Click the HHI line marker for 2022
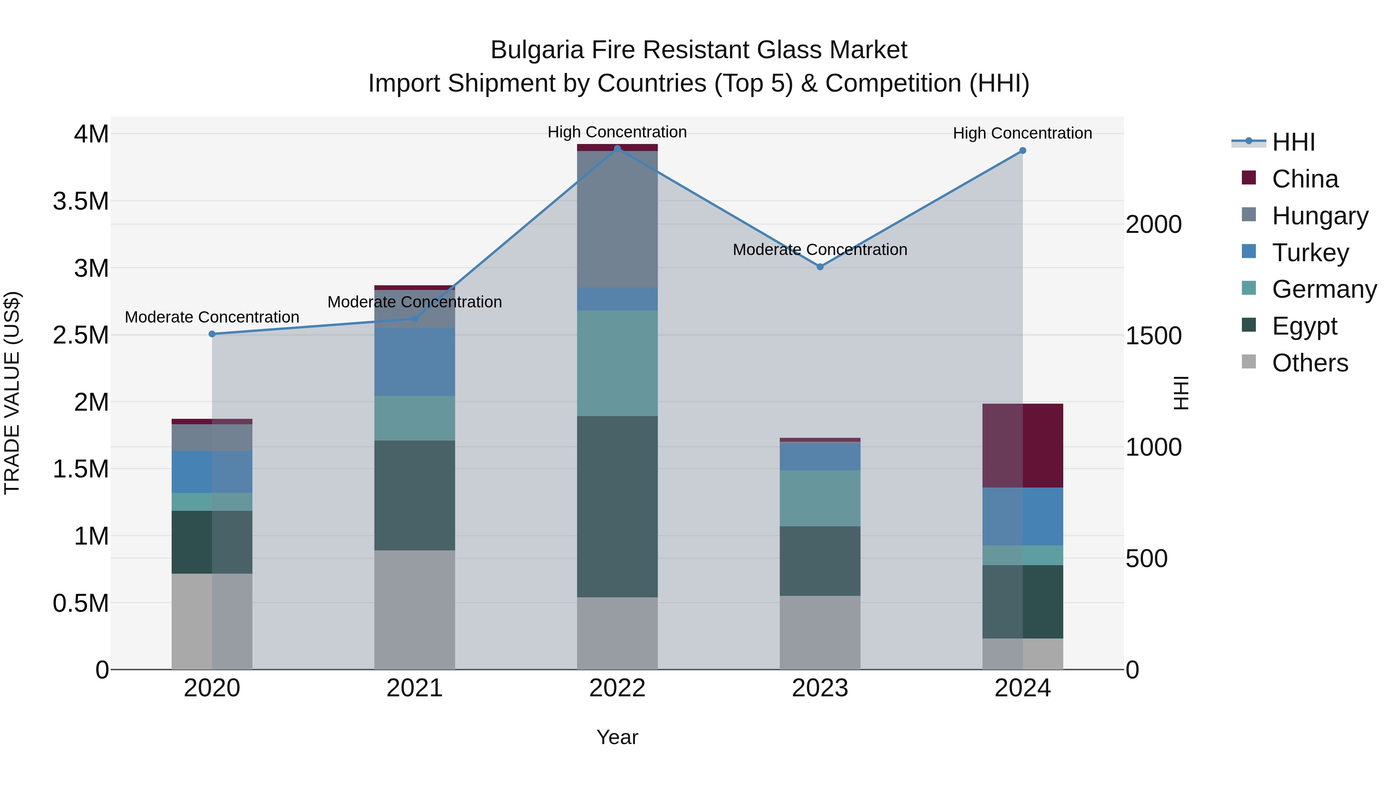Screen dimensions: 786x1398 pos(617,149)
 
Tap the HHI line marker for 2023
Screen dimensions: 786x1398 pos(820,267)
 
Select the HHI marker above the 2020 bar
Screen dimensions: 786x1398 pos(212,334)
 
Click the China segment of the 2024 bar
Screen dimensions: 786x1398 pos(1022,445)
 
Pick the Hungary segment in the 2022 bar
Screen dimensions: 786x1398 pos(617,219)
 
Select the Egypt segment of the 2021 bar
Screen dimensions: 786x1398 pos(415,495)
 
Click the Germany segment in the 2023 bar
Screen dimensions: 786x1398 pos(820,498)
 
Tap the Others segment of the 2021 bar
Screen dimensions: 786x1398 pos(415,610)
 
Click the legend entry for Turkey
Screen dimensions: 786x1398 pos(1310,253)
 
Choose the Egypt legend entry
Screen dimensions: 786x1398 pos(1304,326)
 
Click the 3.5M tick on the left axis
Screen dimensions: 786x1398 pos(80,201)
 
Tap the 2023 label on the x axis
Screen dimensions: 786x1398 pos(820,688)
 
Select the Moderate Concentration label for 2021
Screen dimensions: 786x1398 pos(415,302)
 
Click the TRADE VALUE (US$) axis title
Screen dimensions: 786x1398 pos(12,393)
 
